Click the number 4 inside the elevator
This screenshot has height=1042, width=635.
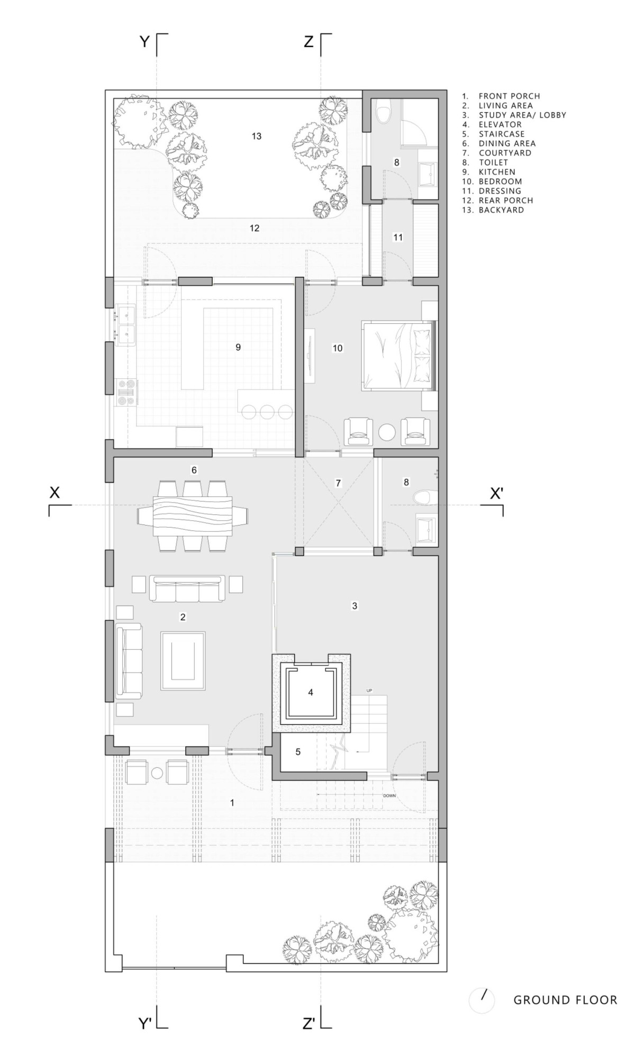pos(311,692)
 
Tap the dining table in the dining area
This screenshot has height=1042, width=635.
pos(193,516)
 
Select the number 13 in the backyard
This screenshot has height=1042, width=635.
pos(257,136)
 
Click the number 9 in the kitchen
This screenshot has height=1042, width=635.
pos(238,347)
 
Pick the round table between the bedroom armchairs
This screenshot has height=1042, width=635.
pos(387,432)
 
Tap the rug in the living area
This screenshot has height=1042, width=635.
pos(183,660)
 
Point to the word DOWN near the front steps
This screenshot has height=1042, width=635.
pos(389,795)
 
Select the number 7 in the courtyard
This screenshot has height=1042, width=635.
pos(338,483)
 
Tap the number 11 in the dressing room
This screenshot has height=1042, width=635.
pos(398,238)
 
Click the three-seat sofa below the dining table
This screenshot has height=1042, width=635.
pos(187,588)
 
